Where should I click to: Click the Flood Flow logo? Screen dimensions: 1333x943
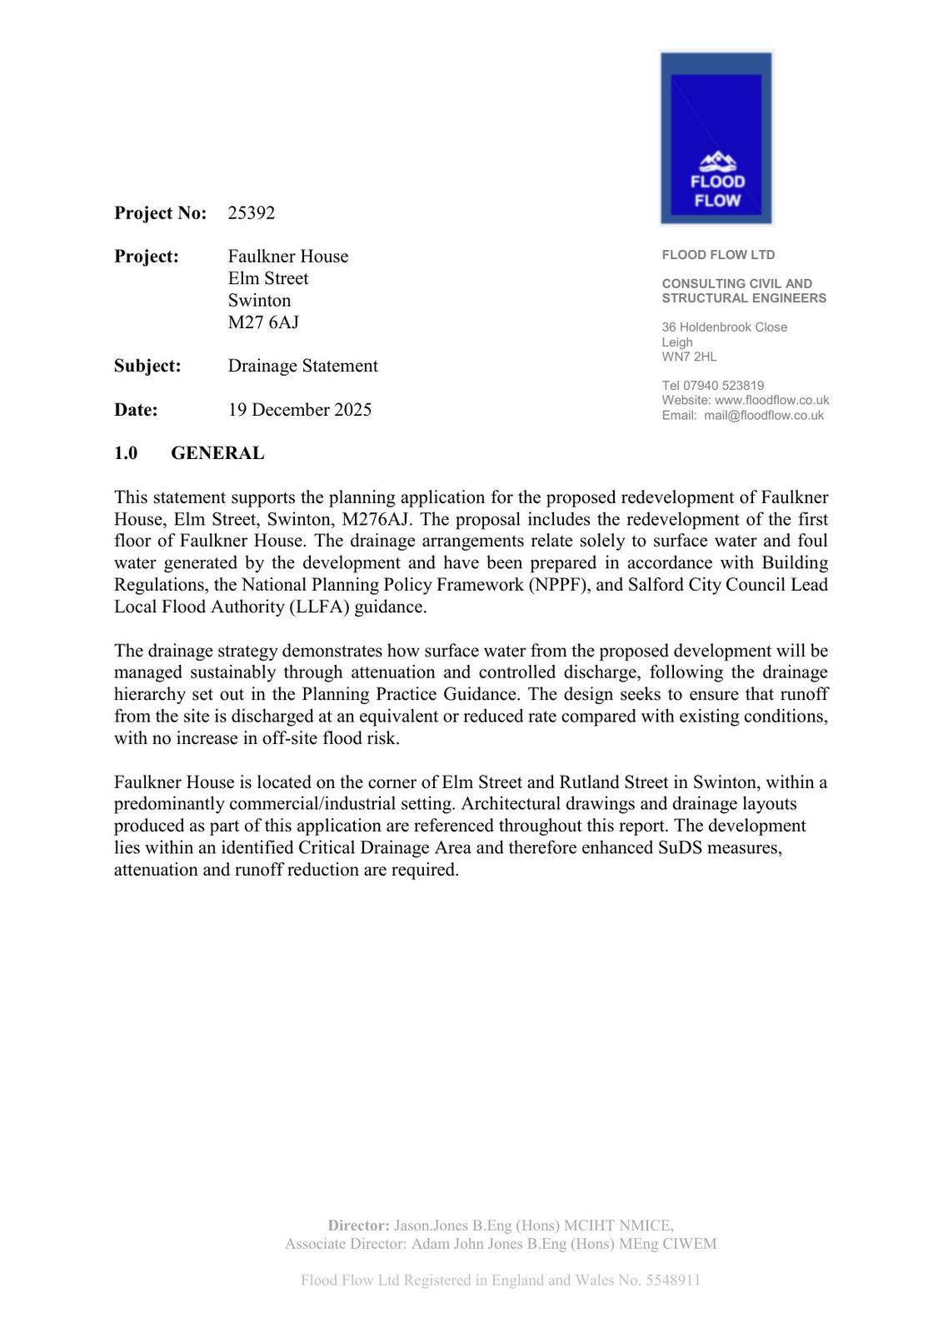(x=716, y=138)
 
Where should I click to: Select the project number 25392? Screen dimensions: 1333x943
(x=252, y=213)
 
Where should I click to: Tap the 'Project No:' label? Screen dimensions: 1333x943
(x=160, y=213)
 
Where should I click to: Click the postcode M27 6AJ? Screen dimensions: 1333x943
(x=263, y=322)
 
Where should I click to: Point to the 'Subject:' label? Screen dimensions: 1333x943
(x=147, y=366)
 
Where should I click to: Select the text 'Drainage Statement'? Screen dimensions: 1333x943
(x=302, y=366)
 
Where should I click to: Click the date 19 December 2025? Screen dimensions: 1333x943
(x=300, y=410)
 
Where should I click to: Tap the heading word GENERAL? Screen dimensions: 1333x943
(x=217, y=453)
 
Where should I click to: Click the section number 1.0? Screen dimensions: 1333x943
(x=126, y=453)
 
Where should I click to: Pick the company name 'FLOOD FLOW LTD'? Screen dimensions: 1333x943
(x=718, y=255)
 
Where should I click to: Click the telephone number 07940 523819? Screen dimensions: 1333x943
(x=724, y=386)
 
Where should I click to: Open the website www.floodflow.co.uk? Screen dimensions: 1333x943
(x=771, y=400)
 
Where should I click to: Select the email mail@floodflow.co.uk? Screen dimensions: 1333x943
(x=763, y=415)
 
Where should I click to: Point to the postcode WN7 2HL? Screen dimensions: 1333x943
(x=689, y=357)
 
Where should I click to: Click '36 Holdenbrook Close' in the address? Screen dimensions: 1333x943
(x=724, y=327)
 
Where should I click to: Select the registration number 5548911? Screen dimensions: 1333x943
(x=672, y=1281)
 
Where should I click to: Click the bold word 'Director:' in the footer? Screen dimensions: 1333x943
(x=358, y=1226)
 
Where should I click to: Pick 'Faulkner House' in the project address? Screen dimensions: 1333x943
(x=288, y=257)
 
